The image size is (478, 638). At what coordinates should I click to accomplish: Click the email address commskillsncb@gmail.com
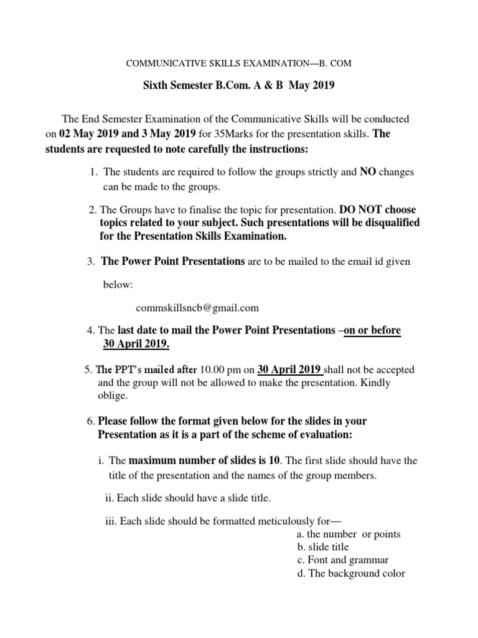click(197, 308)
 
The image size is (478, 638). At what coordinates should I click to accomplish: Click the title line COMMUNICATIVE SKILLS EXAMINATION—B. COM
click(239, 64)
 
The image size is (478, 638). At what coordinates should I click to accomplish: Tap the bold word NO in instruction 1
click(367, 171)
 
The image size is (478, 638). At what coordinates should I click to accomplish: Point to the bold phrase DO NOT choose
click(378, 209)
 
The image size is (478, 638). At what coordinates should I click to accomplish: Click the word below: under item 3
click(118, 285)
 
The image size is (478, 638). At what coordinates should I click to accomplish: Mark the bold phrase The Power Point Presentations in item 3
click(174, 262)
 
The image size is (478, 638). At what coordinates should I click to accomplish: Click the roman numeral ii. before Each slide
click(108, 498)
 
